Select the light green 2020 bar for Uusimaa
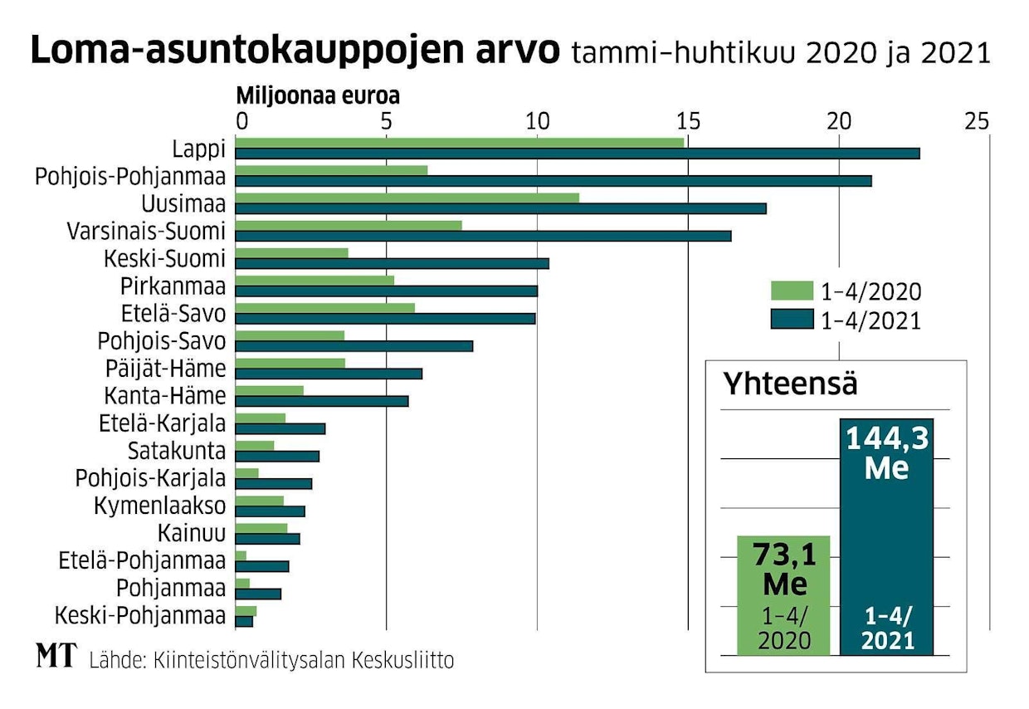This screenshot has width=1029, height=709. click(407, 198)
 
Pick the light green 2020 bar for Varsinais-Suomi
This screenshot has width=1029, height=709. click(349, 225)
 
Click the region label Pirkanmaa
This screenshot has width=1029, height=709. click(173, 286)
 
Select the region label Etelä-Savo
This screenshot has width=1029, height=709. click(173, 314)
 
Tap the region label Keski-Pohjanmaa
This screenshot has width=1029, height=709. click(140, 616)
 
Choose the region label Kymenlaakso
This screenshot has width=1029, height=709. click(160, 506)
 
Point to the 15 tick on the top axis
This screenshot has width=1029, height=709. click(687, 121)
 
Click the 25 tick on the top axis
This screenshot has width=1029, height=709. click(977, 121)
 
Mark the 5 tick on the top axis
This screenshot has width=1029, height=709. click(386, 121)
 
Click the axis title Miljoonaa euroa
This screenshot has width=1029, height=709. click(319, 96)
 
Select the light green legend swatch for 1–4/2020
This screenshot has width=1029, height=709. click(792, 291)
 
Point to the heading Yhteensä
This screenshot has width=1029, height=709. click(790, 384)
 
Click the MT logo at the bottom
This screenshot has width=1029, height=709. click(56, 656)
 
